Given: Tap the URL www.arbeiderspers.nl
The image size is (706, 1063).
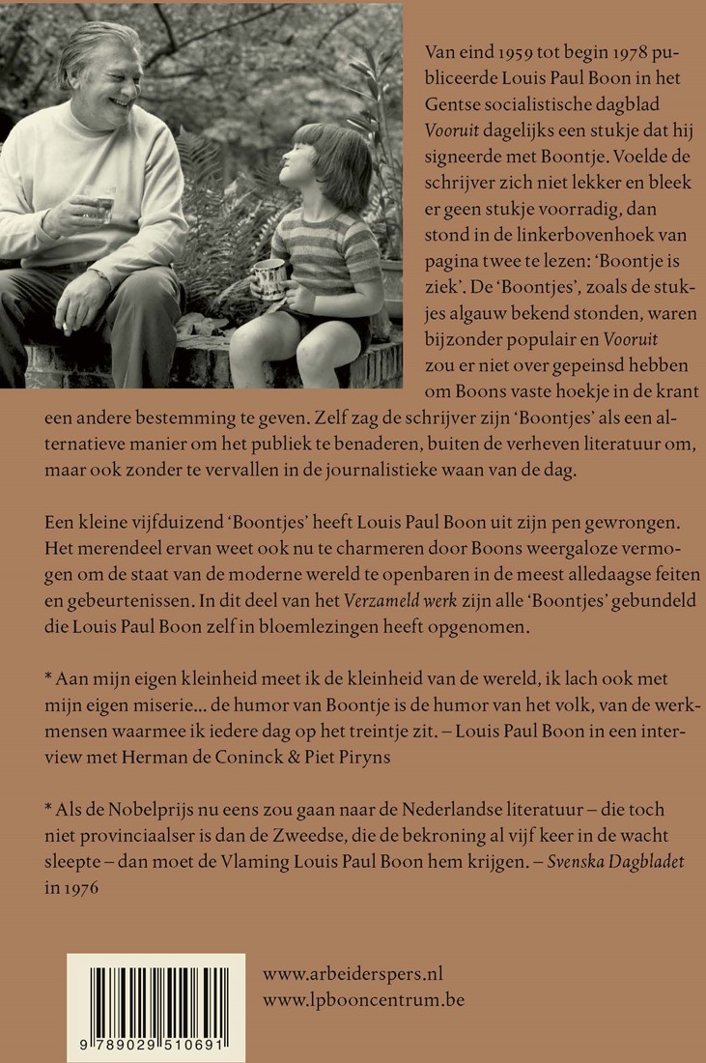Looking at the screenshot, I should pos(353,974).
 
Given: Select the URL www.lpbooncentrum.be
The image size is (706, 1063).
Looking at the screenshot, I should pos(363,999).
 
